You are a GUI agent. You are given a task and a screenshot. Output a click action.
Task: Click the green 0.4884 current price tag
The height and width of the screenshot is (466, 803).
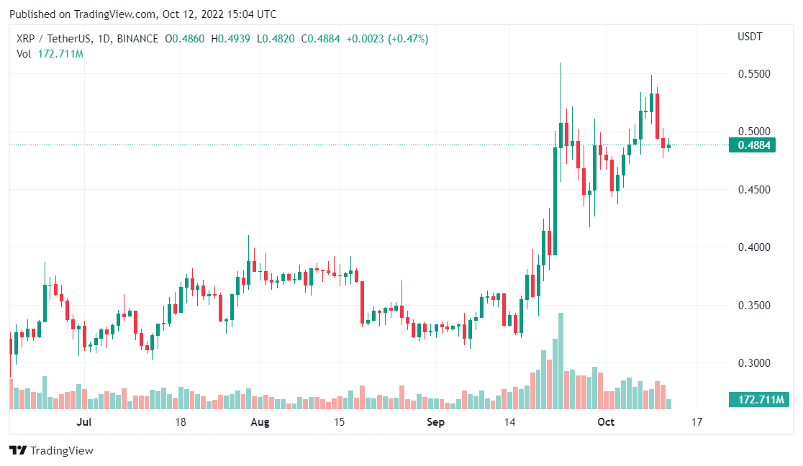(755, 145)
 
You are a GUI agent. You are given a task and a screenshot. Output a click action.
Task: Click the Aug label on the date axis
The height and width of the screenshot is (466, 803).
(260, 422)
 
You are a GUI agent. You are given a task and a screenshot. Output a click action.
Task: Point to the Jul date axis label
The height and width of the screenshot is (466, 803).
(85, 422)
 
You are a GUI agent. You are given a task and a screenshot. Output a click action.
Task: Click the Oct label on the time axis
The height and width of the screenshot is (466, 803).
(606, 422)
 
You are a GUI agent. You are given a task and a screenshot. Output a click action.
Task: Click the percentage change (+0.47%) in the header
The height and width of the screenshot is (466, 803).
(408, 39)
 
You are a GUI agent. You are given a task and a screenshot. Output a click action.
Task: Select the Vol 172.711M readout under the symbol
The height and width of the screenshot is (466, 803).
(50, 54)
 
